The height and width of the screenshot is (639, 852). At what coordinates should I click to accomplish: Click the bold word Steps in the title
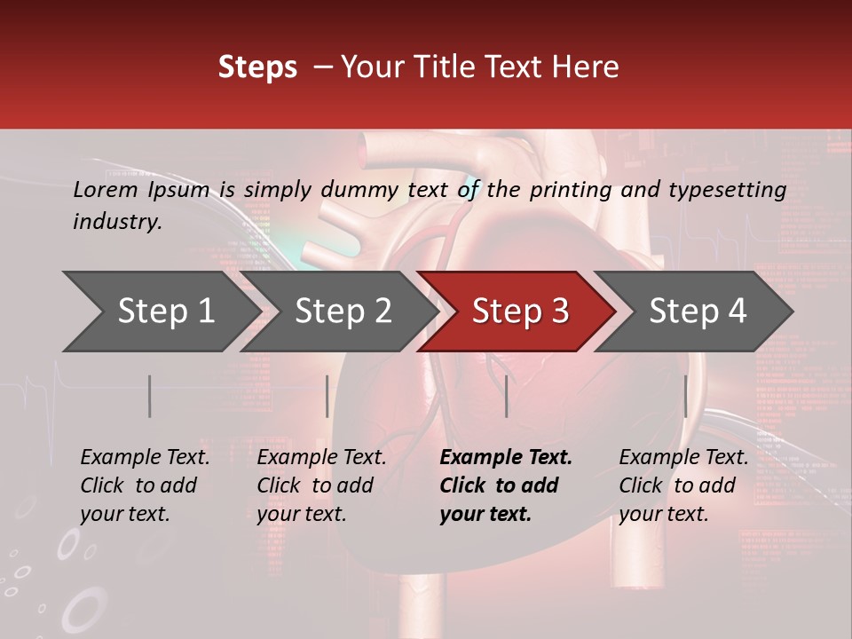coord(257,67)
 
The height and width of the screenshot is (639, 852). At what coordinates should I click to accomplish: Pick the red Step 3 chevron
coord(520,312)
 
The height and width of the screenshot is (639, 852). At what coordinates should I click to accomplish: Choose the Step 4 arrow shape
coord(698,312)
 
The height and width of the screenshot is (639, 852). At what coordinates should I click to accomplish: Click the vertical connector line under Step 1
coord(150,396)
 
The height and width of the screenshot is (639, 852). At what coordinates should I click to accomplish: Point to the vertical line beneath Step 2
coord(327,396)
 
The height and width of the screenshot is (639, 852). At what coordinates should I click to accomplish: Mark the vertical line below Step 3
coord(507,396)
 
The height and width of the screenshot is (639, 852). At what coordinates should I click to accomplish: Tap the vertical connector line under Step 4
coord(685,396)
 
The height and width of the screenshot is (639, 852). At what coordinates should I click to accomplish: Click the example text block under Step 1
coord(145,485)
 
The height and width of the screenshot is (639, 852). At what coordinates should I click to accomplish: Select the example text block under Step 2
coord(321,485)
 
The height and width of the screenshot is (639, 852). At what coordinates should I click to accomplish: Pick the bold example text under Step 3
coord(505,485)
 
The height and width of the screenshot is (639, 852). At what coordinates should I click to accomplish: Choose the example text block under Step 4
coord(683,485)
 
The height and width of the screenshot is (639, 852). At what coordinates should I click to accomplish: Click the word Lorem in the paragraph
coord(105,190)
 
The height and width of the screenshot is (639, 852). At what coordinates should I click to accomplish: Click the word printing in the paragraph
coord(573,190)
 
